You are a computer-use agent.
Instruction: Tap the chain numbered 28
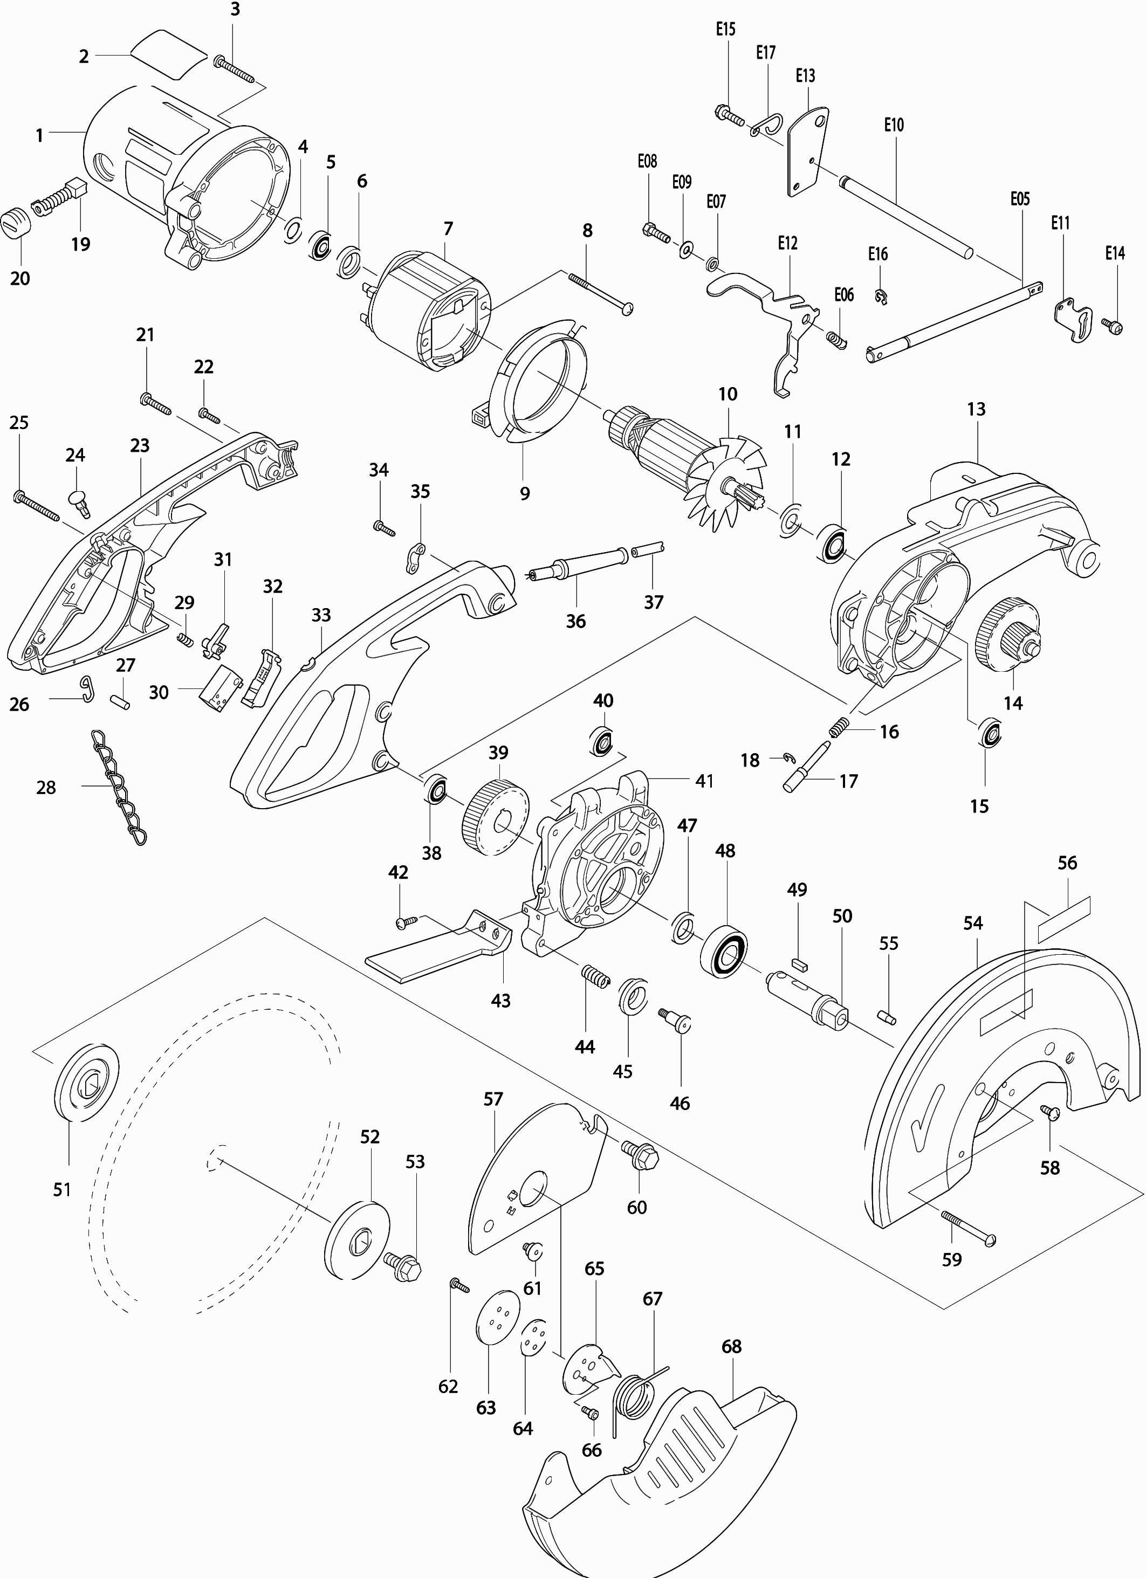click(120, 786)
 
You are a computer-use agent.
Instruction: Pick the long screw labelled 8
click(600, 293)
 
